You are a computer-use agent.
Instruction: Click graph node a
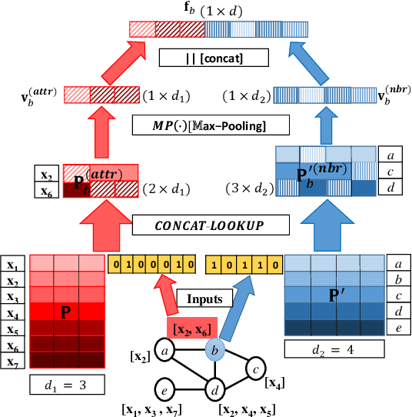(163, 352)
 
